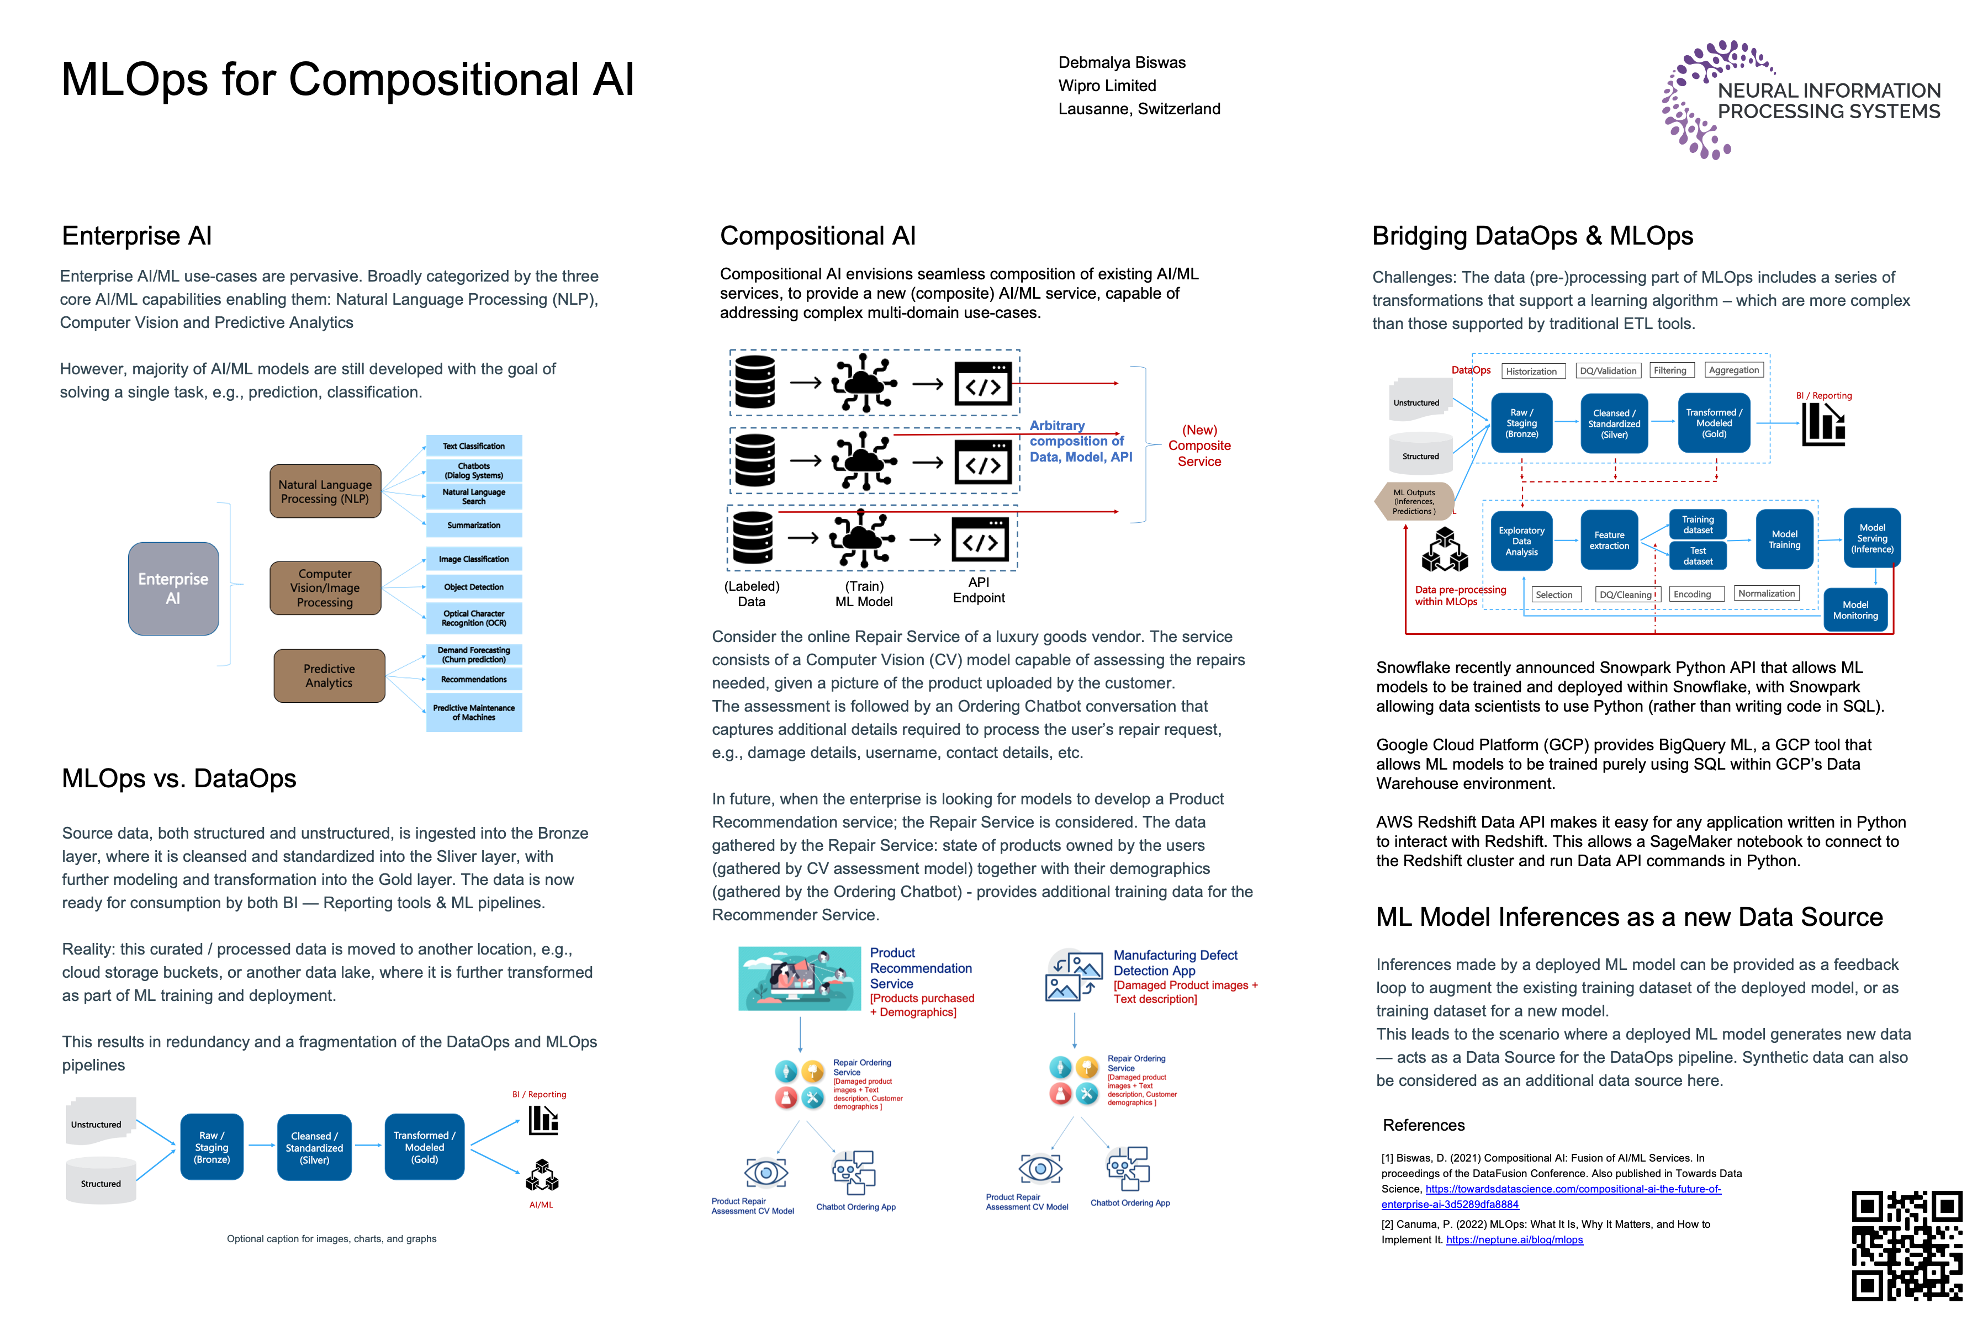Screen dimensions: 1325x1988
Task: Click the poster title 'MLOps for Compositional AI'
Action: point(347,80)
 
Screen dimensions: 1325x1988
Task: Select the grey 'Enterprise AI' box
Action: point(173,588)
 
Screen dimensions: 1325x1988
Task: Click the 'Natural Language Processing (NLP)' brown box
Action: point(325,491)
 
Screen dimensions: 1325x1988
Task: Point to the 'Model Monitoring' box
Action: point(1855,609)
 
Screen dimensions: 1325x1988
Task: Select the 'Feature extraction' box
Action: point(1609,540)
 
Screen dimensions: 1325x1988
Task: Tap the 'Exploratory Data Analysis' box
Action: point(1521,541)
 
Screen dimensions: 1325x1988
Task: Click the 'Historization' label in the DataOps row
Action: point(1531,371)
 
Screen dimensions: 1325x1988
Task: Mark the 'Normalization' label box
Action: point(1767,593)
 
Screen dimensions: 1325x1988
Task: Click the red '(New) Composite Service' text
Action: point(1199,446)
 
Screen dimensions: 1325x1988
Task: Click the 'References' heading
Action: point(1424,1125)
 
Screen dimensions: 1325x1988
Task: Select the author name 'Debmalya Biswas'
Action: point(1122,62)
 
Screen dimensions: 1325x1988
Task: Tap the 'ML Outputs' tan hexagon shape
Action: point(1414,501)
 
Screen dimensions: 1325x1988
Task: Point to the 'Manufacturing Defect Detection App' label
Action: point(1175,962)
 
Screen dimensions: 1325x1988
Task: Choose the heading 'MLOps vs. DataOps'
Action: point(179,778)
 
